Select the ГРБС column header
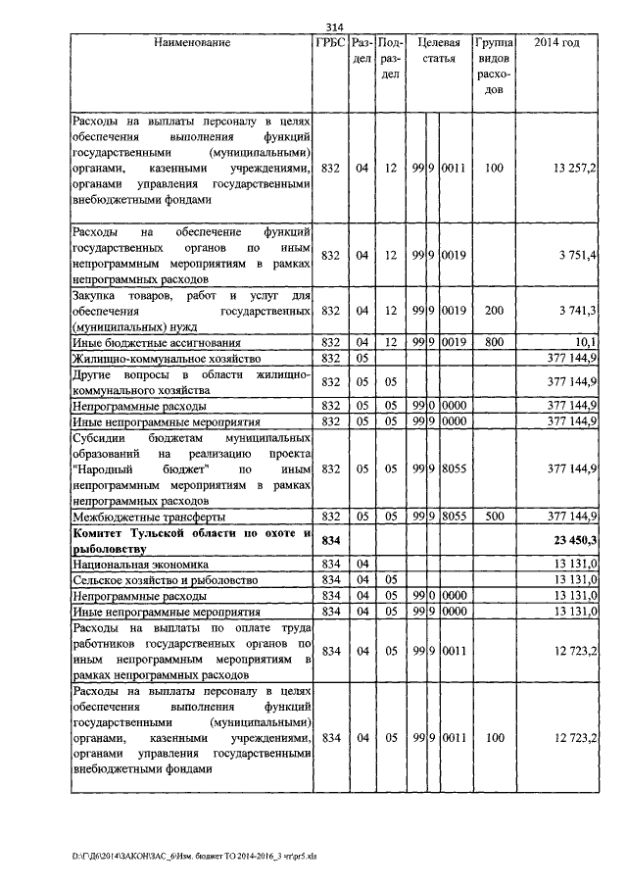pos(330,44)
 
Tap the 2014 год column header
pos(555,44)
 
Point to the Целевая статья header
pos(439,51)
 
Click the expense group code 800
pos(494,341)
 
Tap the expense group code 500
pos(494,516)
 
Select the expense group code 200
pos(494,311)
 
